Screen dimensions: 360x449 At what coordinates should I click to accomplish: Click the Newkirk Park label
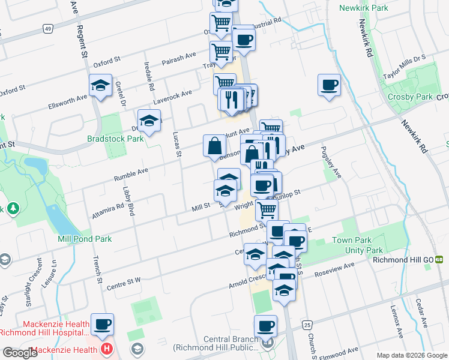363,8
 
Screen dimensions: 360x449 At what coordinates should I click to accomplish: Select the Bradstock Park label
115,139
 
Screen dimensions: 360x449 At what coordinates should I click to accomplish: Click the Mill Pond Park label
85,239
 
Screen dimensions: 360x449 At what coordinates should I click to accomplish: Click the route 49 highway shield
47,28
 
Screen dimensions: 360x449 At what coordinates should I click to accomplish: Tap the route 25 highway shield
307,325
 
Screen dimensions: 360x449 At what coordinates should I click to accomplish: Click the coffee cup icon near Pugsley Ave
329,85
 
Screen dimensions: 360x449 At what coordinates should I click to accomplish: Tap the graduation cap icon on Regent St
100,86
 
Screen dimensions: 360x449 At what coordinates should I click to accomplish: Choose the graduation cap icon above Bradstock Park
149,121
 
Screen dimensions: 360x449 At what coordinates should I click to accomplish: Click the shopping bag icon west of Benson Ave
215,145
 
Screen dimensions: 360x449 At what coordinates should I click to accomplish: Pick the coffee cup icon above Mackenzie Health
102,325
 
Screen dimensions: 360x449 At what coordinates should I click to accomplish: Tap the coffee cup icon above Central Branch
265,326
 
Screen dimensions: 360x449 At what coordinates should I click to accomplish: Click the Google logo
20,353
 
